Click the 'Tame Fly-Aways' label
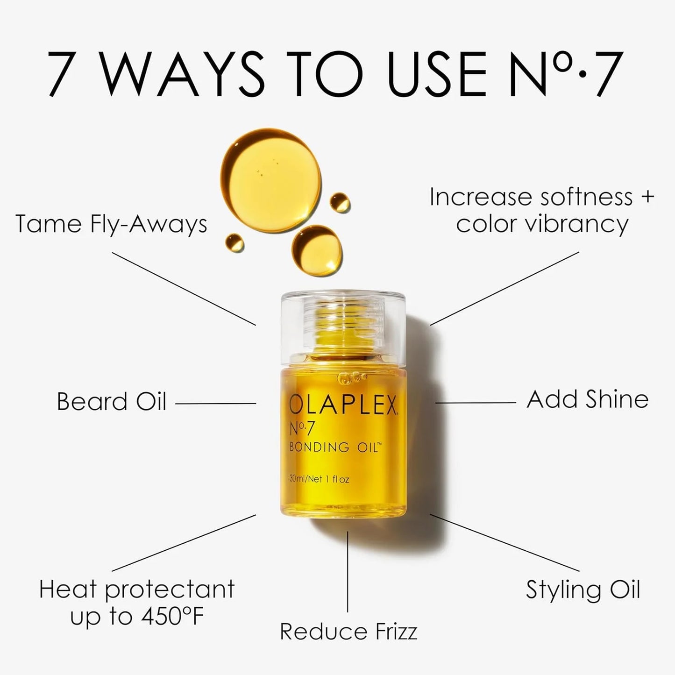click(x=111, y=224)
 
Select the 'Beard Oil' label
click(x=111, y=401)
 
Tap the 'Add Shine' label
click(x=587, y=399)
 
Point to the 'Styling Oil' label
click(x=583, y=590)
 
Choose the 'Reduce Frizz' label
click(x=348, y=632)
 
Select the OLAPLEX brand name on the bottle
click(x=342, y=405)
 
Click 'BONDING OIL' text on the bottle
click(x=335, y=447)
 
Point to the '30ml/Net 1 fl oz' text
click(x=319, y=479)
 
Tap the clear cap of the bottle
click(x=342, y=327)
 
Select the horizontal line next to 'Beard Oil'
click(x=215, y=404)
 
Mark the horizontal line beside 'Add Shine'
click(x=476, y=403)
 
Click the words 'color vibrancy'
click(x=542, y=224)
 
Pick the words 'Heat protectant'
click(x=136, y=590)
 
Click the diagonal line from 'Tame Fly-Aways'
click(x=184, y=289)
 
